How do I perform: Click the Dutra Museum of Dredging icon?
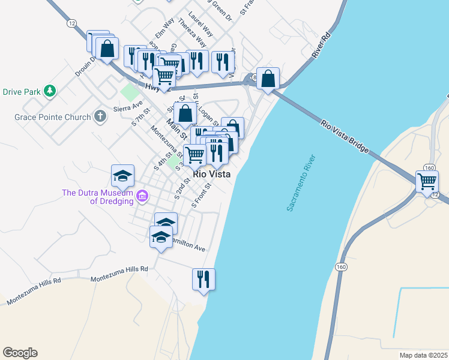point(142,196)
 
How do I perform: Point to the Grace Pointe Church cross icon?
point(100,117)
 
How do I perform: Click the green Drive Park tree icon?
point(50,91)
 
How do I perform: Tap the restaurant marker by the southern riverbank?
point(203,279)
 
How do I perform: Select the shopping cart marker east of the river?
point(427,181)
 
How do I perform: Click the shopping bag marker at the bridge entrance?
point(268,78)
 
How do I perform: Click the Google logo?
point(20,353)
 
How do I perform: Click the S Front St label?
point(202,196)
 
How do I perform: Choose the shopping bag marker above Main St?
point(186,112)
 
